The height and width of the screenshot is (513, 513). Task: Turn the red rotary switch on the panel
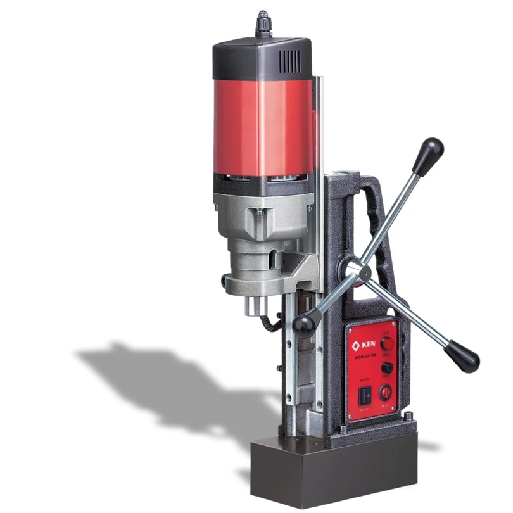point(386,343)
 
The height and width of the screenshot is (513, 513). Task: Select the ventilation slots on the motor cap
point(290,61)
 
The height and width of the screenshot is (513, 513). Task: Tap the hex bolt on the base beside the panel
point(409,416)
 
